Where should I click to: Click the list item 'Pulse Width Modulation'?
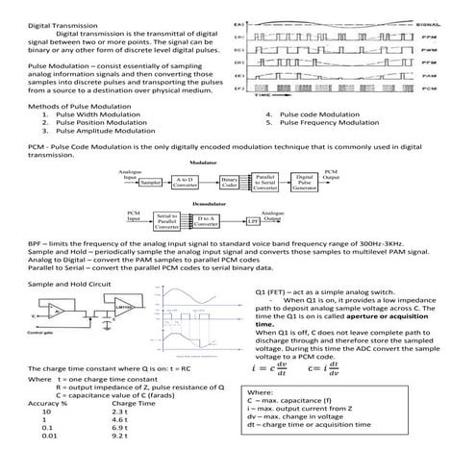tap(99, 114)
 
